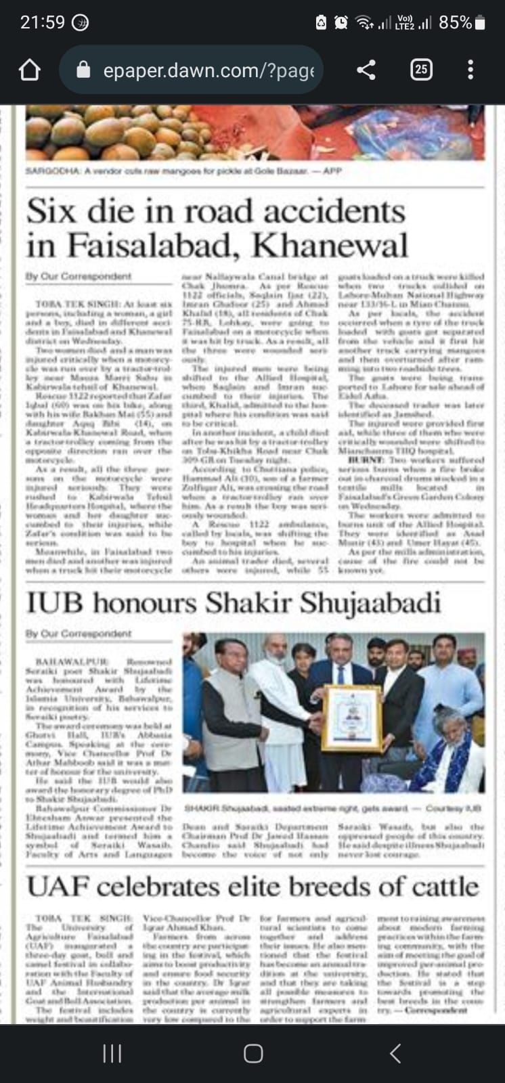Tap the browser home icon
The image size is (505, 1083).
click(29, 70)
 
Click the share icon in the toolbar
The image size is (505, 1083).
click(366, 70)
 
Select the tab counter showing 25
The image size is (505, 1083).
click(421, 70)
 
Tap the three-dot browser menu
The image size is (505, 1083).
click(470, 70)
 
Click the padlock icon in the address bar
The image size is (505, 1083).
click(83, 70)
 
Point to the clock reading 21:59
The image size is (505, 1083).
click(42, 22)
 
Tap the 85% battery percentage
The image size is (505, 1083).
click(455, 22)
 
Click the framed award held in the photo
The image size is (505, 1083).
click(351, 718)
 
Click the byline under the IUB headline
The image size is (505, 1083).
click(79, 634)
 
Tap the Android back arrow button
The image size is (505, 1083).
click(396, 1053)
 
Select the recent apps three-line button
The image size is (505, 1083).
click(112, 1053)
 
